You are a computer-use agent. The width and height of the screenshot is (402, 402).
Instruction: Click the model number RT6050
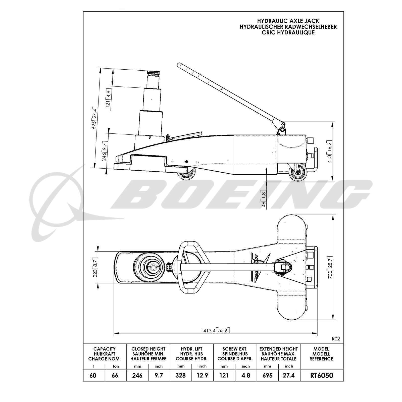click(322, 375)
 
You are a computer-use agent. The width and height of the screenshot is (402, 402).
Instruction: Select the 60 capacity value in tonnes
click(93, 376)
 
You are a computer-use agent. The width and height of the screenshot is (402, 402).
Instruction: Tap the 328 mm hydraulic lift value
click(181, 376)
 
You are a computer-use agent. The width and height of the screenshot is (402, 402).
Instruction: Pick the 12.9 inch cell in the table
click(202, 376)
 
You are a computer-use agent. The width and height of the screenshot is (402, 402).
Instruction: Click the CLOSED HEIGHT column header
click(148, 349)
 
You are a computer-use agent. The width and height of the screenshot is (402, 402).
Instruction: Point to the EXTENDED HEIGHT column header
click(278, 349)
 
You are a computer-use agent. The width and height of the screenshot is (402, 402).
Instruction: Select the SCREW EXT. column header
click(235, 349)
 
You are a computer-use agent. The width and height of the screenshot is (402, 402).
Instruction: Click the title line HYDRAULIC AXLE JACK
click(288, 21)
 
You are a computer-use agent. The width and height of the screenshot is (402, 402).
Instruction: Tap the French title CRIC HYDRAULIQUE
click(288, 32)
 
